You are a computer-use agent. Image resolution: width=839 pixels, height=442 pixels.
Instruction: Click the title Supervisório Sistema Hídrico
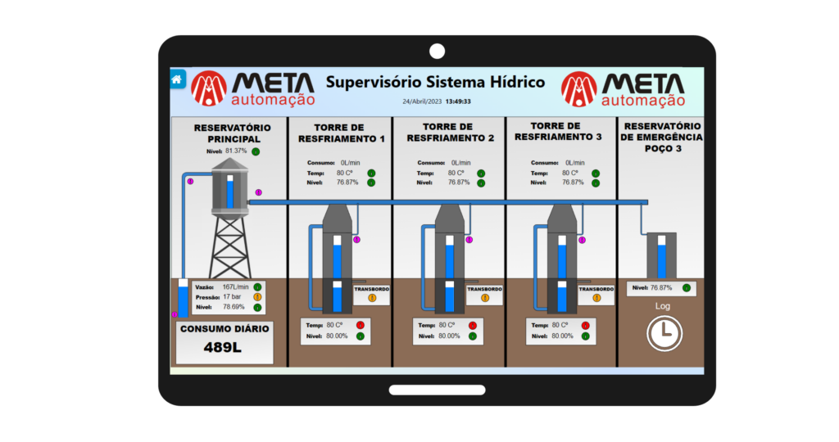pyautogui.click(x=435, y=83)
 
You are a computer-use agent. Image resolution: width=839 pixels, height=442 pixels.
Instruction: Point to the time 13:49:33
pyautogui.click(x=458, y=101)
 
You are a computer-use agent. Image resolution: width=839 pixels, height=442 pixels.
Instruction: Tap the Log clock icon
pyautogui.click(x=663, y=333)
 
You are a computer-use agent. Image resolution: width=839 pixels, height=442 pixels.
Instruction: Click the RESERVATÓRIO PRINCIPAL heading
pyautogui.click(x=228, y=133)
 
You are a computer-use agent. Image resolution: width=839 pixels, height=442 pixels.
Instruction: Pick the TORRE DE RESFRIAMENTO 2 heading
pyautogui.click(x=448, y=133)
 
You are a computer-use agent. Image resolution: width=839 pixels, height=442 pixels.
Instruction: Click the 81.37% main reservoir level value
pyautogui.click(x=236, y=151)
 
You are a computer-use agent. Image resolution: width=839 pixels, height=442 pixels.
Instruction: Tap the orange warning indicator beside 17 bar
pyautogui.click(x=257, y=297)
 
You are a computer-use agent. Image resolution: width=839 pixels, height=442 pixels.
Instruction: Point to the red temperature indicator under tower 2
pyautogui.click(x=473, y=326)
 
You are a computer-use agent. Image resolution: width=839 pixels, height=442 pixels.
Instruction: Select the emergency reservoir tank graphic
pyautogui.click(x=661, y=255)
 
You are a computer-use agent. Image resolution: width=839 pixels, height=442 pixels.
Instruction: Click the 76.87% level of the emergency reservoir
pyautogui.click(x=661, y=288)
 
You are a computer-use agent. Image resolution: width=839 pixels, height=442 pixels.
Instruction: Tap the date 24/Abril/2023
pyautogui.click(x=422, y=101)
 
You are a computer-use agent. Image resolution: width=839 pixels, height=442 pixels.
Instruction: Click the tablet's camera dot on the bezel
pyautogui.click(x=437, y=51)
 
